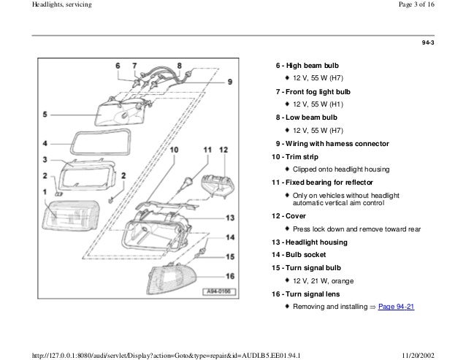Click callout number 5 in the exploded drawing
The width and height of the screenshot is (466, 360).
[x=46, y=115]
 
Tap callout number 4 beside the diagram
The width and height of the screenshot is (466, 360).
[x=46, y=143]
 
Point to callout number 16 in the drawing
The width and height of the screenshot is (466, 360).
[x=229, y=276]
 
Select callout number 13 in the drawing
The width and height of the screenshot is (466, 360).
[x=229, y=218]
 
